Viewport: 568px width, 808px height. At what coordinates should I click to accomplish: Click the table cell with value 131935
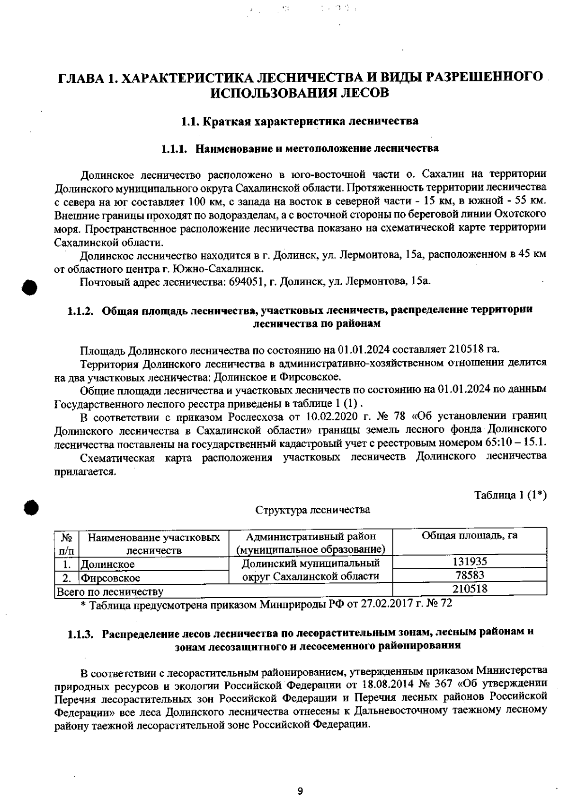470,562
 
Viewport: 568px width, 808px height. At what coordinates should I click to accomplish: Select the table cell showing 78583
470,575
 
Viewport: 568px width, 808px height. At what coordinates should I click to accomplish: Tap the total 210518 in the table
470,589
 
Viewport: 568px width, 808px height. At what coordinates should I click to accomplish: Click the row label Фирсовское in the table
110,578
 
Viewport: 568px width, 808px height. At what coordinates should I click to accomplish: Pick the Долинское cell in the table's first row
107,564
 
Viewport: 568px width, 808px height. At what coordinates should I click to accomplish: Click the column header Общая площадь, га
470,535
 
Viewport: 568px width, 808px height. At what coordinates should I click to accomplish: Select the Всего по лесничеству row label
110,591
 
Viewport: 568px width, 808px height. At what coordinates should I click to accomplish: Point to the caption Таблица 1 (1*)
511,495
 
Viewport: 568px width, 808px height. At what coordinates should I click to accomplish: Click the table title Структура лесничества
313,510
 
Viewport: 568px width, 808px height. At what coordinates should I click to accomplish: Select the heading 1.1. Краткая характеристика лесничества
300,121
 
